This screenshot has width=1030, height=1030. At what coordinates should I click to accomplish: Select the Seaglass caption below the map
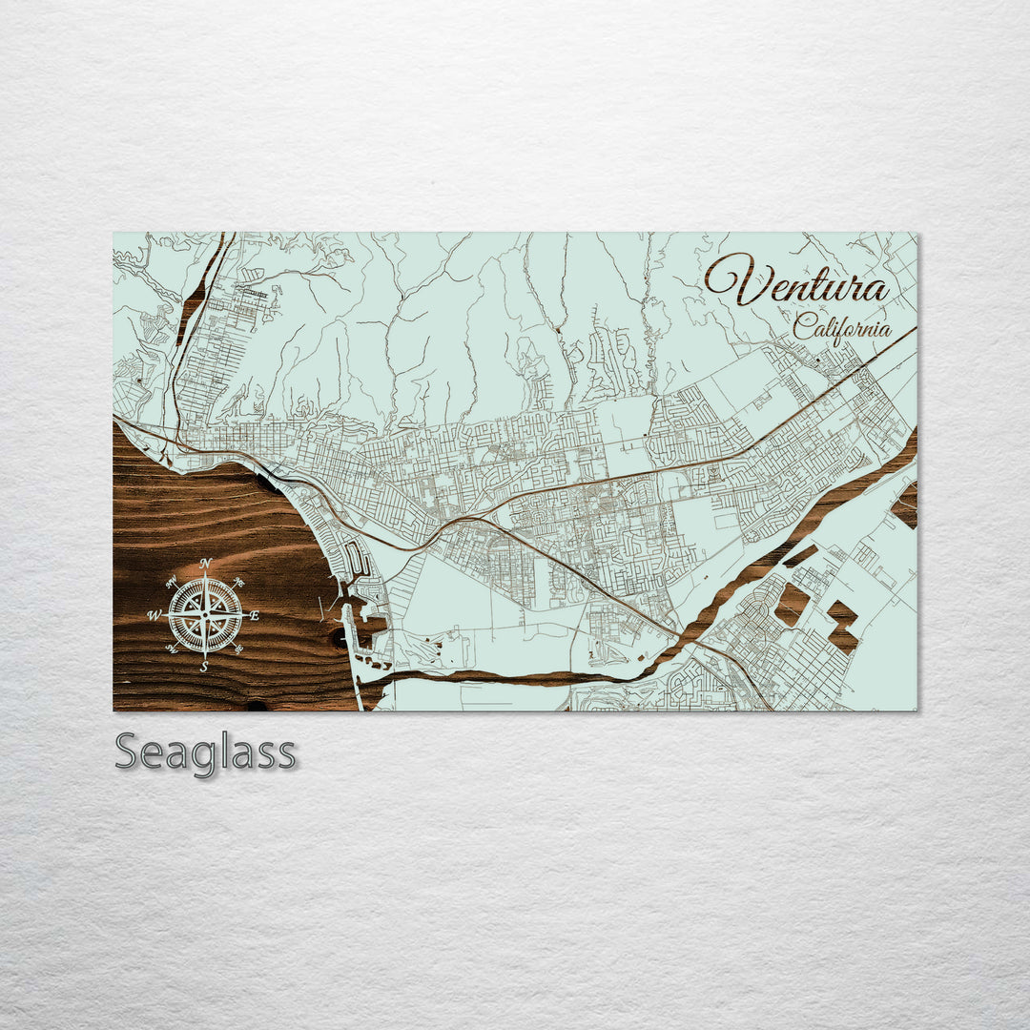205,752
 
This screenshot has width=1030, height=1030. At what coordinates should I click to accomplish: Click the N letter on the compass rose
205,564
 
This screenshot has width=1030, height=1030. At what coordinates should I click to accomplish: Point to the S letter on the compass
204,668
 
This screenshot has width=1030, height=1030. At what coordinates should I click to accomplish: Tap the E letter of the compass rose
255,616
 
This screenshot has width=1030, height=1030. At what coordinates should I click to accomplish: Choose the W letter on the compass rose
154,616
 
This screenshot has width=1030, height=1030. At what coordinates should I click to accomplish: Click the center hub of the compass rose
204,616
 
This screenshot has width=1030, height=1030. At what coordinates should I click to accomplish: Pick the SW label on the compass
171,649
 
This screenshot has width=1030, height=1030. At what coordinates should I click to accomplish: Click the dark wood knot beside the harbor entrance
339,637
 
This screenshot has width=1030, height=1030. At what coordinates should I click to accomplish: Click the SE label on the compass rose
238,649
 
